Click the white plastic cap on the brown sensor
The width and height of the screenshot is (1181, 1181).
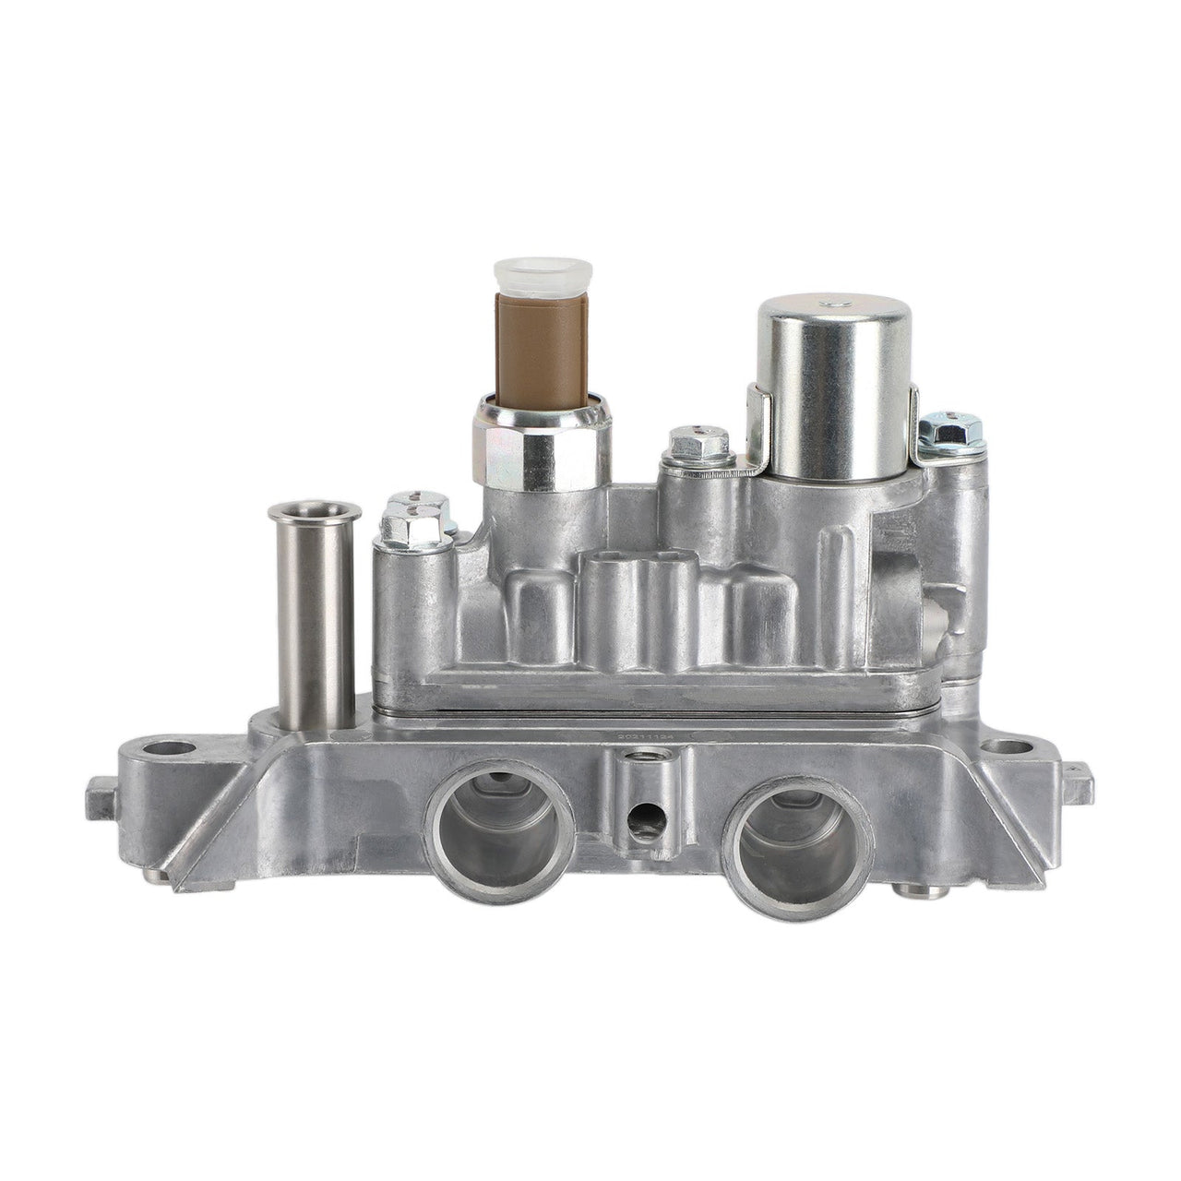[522, 273]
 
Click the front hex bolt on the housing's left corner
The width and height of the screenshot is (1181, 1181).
[406, 525]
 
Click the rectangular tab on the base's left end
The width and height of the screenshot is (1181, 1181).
[101, 792]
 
